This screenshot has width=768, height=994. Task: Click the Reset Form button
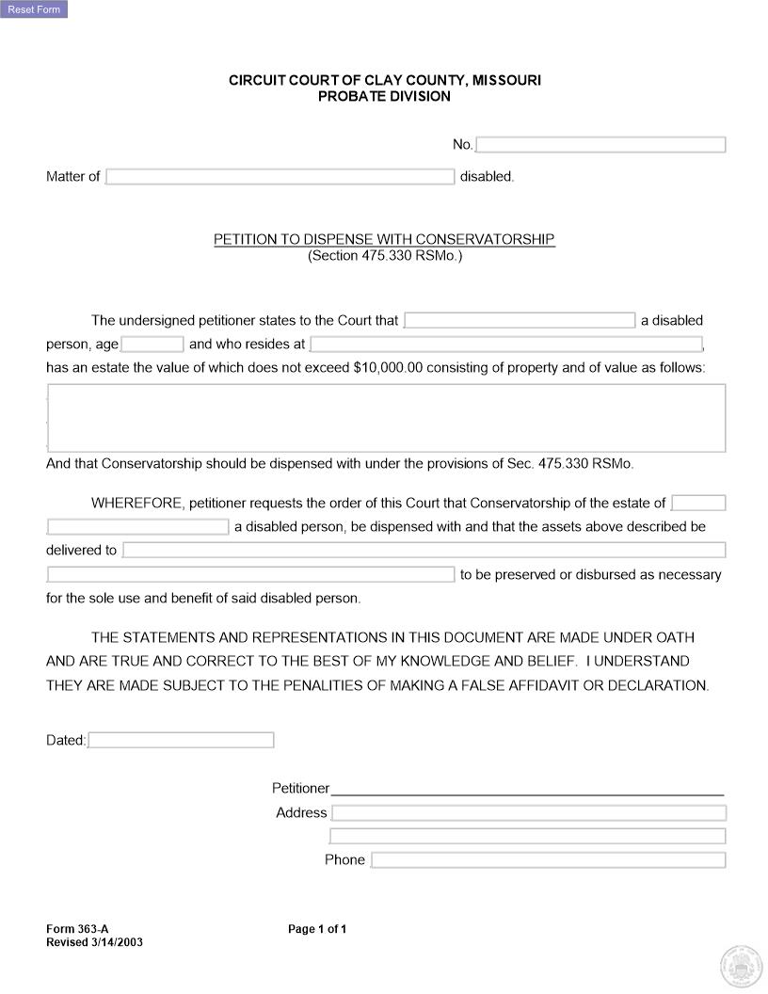pyautogui.click(x=34, y=9)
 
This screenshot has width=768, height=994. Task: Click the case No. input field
pyautogui.click(x=601, y=145)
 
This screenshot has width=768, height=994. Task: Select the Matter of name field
pyautogui.click(x=280, y=177)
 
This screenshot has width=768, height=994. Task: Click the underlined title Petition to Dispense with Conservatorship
pyautogui.click(x=384, y=239)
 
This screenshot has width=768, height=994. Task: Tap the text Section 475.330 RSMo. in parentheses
pyautogui.click(x=384, y=255)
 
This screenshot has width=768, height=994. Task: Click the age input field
pyautogui.click(x=152, y=345)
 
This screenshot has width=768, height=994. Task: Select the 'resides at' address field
pyautogui.click(x=506, y=345)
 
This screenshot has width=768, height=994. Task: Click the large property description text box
pyautogui.click(x=386, y=418)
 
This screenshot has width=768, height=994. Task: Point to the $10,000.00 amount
pyautogui.click(x=388, y=368)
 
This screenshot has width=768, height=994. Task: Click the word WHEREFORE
pyautogui.click(x=137, y=503)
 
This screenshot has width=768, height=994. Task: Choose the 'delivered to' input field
pyautogui.click(x=424, y=551)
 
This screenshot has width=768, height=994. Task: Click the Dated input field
pyautogui.click(x=181, y=741)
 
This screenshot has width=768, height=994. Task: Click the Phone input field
pyautogui.click(x=549, y=860)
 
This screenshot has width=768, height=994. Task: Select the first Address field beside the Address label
pyautogui.click(x=529, y=813)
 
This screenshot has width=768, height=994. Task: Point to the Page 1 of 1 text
pyautogui.click(x=317, y=929)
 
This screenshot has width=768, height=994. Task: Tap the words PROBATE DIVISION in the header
pyautogui.click(x=384, y=96)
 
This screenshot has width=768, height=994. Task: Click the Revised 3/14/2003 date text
pyautogui.click(x=94, y=942)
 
